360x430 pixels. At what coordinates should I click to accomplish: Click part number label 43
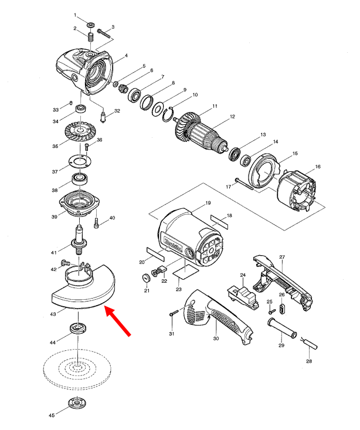53,314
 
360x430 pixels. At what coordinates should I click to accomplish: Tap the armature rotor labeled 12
203,134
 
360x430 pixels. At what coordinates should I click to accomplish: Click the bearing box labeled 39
79,202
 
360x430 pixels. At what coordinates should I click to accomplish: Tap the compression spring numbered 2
91,38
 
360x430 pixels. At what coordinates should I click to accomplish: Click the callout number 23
179,290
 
